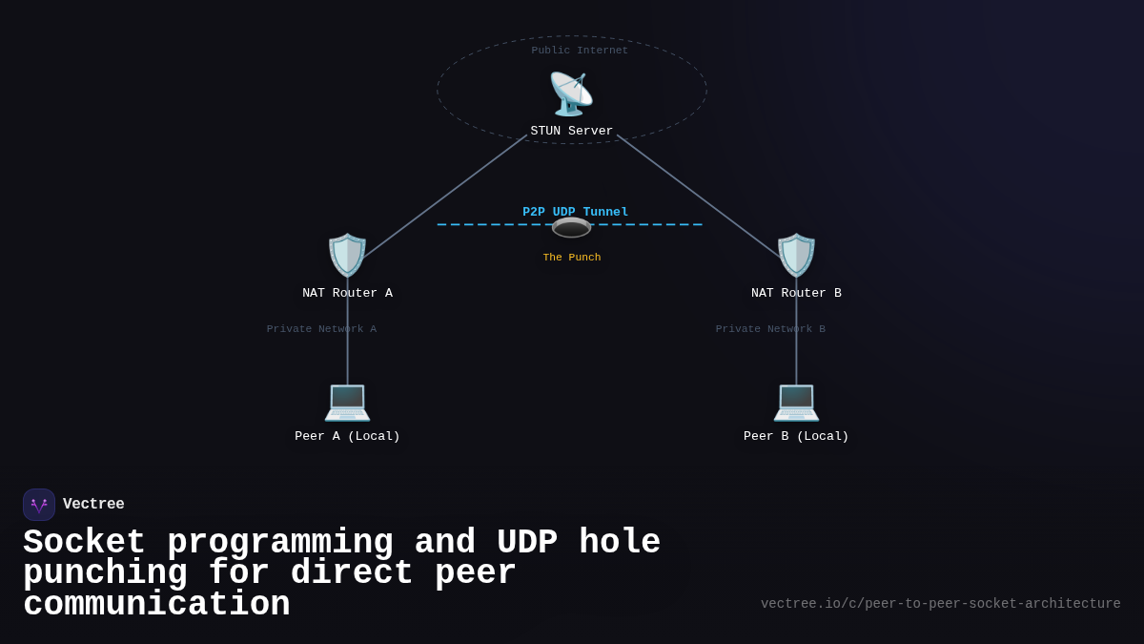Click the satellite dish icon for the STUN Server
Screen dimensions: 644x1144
pyautogui.click(x=571, y=94)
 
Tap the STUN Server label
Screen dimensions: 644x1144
pyautogui.click(x=572, y=132)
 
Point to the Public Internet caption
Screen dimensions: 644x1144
pyautogui.click(x=580, y=51)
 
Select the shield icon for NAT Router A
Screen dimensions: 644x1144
pyautogui.click(x=347, y=256)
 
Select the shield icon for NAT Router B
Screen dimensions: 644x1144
pyautogui.click(x=796, y=256)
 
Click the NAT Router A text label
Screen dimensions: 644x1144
pyautogui.click(x=347, y=294)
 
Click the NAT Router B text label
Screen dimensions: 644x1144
pyautogui.click(x=796, y=294)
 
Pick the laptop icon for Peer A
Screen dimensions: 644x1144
pyautogui.click(x=347, y=401)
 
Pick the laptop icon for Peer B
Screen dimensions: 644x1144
pyautogui.click(x=796, y=401)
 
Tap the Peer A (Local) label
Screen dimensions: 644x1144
pyautogui.click(x=347, y=437)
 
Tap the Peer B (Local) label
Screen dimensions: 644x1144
pyautogui.click(x=796, y=437)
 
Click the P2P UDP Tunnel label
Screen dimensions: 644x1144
pyautogui.click(x=575, y=212)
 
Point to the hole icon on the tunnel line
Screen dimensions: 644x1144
pyautogui.click(x=571, y=228)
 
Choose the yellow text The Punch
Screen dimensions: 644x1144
pyautogui.click(x=572, y=258)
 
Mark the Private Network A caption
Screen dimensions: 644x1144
pyautogui.click(x=321, y=329)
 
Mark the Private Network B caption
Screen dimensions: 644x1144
pyautogui.click(x=770, y=329)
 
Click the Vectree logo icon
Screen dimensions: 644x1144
pyautogui.click(x=39, y=505)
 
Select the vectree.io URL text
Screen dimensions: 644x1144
pyautogui.click(x=940, y=604)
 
